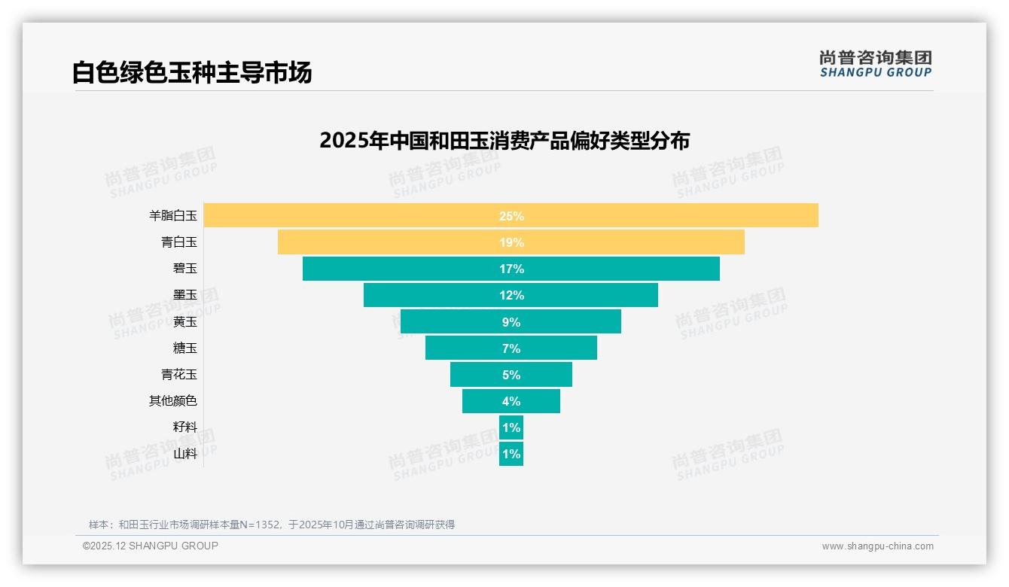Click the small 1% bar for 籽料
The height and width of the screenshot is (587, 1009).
click(x=511, y=427)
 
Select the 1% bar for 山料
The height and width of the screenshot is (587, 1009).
click(x=511, y=454)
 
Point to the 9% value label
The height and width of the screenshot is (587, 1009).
click(x=511, y=322)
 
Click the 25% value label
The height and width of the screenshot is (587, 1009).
click(x=511, y=216)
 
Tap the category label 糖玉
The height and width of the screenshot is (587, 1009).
click(x=184, y=348)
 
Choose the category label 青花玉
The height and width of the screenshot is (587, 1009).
click(x=178, y=374)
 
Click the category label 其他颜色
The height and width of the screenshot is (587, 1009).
click(x=172, y=400)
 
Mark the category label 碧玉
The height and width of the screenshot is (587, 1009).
click(x=184, y=268)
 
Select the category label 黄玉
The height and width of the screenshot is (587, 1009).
click(x=184, y=321)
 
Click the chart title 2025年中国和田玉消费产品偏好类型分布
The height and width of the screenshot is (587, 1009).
click(x=504, y=141)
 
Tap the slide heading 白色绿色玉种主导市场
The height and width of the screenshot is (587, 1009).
click(x=191, y=73)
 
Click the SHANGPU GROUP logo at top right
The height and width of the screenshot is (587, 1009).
click(x=875, y=63)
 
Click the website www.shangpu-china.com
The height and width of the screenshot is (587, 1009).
click(x=877, y=546)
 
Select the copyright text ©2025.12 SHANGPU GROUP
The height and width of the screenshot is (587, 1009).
click(x=150, y=546)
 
